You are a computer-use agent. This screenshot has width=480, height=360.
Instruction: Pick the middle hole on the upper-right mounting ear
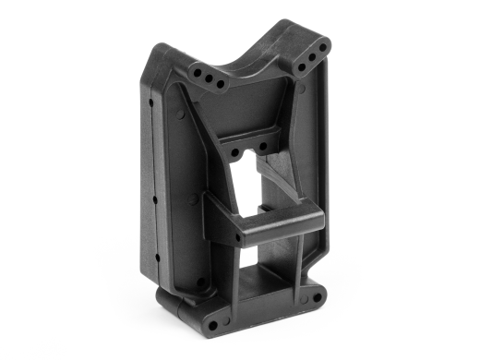pos(315,54)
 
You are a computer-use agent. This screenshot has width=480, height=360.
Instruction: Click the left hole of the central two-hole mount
pos(237,151)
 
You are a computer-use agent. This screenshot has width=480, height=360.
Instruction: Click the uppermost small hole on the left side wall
pos(159,139)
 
